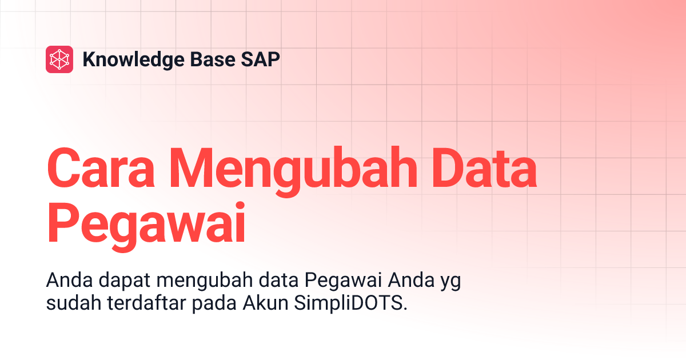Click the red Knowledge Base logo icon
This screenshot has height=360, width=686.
[x=59, y=59]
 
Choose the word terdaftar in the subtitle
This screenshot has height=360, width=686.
[x=146, y=303]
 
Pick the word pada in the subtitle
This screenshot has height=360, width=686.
[x=215, y=303]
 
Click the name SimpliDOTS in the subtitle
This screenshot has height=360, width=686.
[x=352, y=303]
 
